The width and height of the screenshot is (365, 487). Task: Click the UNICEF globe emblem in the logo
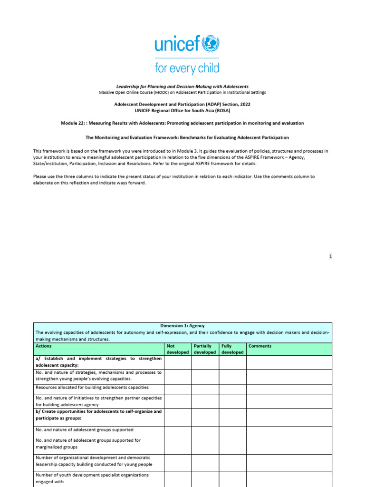pyautogui.click(x=210, y=45)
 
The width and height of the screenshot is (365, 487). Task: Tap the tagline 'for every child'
pyautogui.click(x=187, y=68)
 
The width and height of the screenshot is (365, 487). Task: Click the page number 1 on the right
pyautogui.click(x=330, y=256)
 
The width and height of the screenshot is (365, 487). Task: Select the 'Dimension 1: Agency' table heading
pyautogui.click(x=182, y=326)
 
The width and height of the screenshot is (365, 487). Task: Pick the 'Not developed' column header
pyautogui.click(x=178, y=349)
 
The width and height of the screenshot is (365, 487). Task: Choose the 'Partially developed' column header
pyautogui.click(x=205, y=349)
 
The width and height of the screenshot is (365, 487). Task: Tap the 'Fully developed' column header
pyautogui.click(x=232, y=349)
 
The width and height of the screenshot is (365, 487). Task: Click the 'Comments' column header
pyautogui.click(x=260, y=346)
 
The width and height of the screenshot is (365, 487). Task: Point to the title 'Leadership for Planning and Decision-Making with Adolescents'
pyautogui.click(x=182, y=87)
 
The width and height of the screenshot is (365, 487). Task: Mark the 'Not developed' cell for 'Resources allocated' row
pyautogui.click(x=178, y=390)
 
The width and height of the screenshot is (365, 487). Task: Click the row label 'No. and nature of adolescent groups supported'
pyautogui.click(x=85, y=429)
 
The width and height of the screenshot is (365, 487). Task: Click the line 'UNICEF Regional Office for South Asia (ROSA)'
pyautogui.click(x=182, y=110)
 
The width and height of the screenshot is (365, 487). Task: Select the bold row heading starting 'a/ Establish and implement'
pyautogui.click(x=98, y=362)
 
